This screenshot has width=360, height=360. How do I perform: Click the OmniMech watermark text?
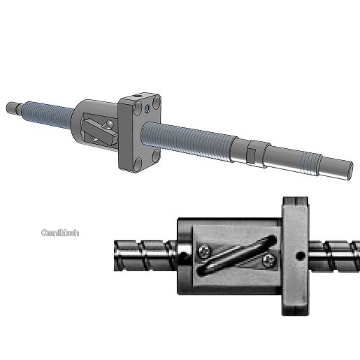click(x=60, y=233)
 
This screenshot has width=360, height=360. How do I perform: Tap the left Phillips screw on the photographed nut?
click(x=205, y=252)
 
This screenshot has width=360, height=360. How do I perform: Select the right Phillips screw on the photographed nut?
click(x=269, y=260)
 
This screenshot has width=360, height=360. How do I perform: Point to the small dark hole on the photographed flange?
click(x=301, y=256)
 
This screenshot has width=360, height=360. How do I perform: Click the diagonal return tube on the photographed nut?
click(x=236, y=255)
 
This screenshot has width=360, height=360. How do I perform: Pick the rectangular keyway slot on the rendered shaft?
click(x=251, y=155)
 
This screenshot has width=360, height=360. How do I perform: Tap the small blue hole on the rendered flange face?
click(x=147, y=108)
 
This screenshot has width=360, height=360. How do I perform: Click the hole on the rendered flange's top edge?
click(x=138, y=96)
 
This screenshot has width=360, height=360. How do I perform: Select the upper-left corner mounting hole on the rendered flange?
click(x=138, y=107)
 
